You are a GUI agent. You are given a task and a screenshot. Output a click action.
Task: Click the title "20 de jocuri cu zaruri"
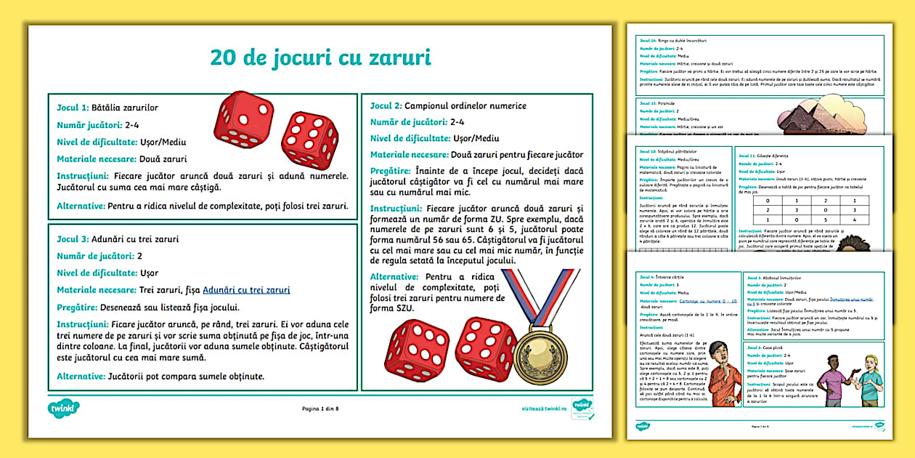click(x=320, y=57)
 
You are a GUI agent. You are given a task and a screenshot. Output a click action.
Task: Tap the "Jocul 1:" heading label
click(x=73, y=108)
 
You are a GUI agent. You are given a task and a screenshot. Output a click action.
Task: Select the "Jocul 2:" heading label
click(x=386, y=106)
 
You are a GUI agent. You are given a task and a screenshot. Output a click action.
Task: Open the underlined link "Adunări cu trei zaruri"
click(x=246, y=289)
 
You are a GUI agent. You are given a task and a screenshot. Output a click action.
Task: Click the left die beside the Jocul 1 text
click(x=245, y=119)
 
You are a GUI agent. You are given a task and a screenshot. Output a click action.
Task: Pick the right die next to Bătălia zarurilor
click(x=309, y=140)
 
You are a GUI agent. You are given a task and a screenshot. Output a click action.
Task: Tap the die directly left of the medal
click(x=486, y=349)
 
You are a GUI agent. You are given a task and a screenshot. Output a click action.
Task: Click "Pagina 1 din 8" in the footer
click(x=320, y=409)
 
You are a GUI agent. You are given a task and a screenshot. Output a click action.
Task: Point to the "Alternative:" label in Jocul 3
click(x=81, y=377)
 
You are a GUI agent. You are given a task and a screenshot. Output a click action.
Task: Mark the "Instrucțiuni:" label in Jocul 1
click(x=83, y=175)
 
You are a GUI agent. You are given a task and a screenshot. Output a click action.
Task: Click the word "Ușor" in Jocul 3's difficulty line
click(x=149, y=273)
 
